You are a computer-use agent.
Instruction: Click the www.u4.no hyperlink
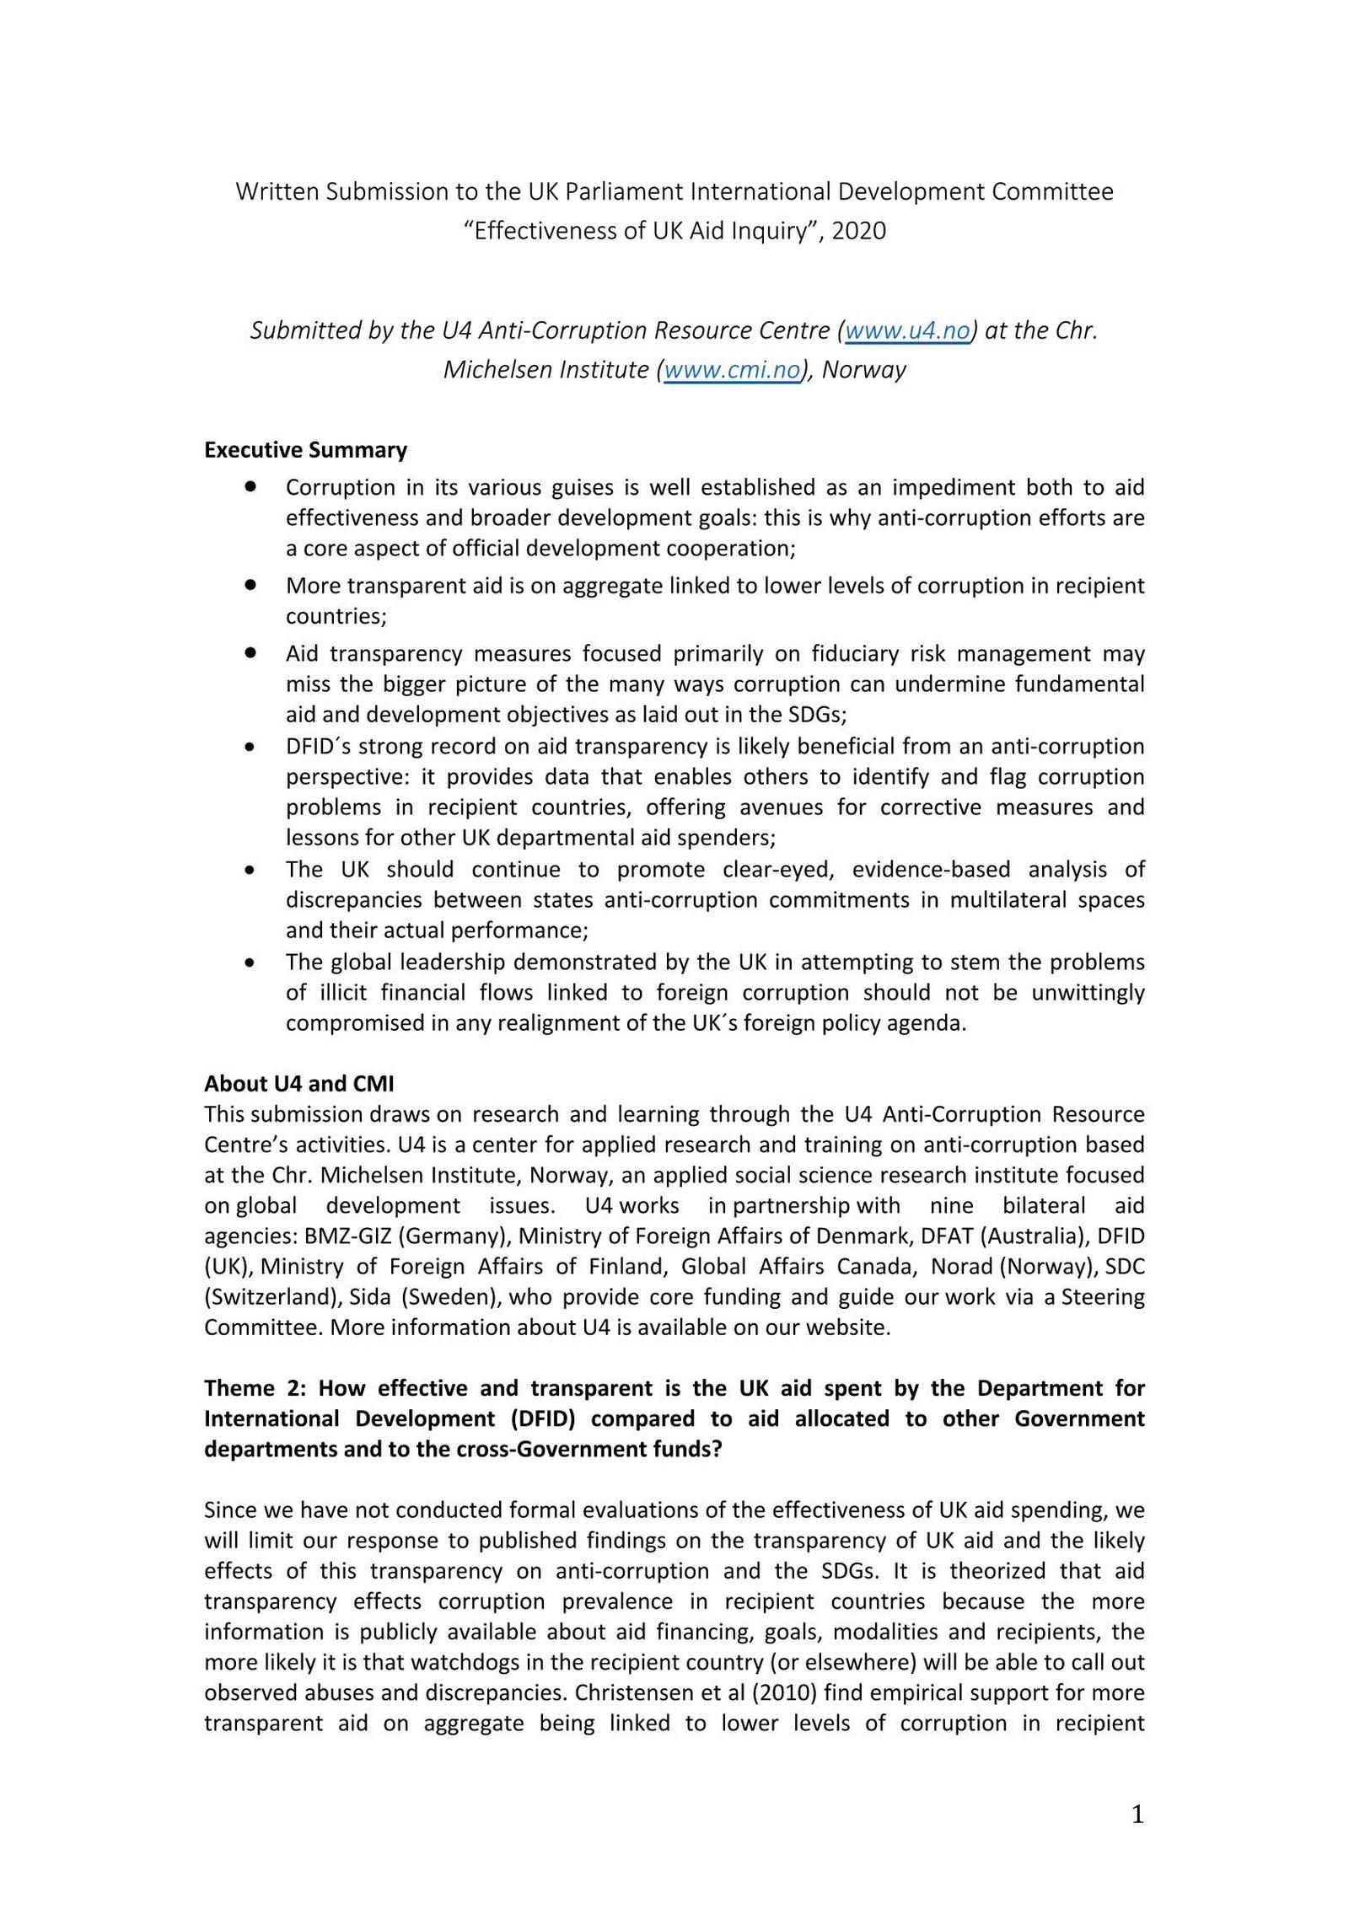pyautogui.click(x=907, y=330)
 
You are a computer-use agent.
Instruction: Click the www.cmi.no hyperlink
pyautogui.click(x=732, y=370)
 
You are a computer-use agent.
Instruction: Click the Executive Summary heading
pyautogui.click(x=305, y=450)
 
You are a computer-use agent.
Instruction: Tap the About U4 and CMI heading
pyautogui.click(x=298, y=1084)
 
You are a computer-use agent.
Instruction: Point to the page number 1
pyautogui.click(x=1137, y=1815)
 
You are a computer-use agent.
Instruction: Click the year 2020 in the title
pyautogui.click(x=858, y=231)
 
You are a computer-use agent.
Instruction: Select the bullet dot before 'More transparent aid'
pyautogui.click(x=250, y=583)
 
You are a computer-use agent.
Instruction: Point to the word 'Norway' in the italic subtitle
pyautogui.click(x=863, y=370)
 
